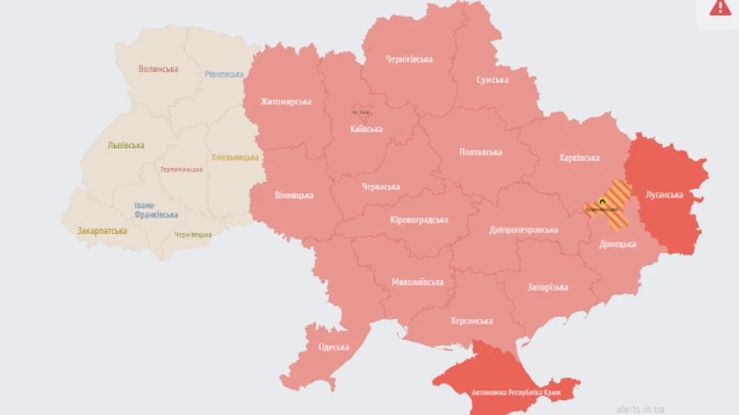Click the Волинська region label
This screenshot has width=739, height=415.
point(158,69)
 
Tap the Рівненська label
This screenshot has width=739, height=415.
point(224,74)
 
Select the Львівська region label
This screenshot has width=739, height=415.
point(126,145)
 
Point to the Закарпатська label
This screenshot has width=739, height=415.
point(103,231)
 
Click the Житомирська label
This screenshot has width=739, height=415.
point(286,102)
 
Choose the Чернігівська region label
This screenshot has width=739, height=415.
point(409,59)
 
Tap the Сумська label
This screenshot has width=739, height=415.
point(492,80)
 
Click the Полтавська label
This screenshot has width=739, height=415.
point(480,152)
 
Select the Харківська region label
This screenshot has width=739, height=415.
point(579,158)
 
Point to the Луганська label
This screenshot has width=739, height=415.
point(665,195)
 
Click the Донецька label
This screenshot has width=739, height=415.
point(617,244)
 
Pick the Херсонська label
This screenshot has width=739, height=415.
point(471,321)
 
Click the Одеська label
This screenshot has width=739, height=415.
point(333,347)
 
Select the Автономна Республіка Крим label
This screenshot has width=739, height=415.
point(505,392)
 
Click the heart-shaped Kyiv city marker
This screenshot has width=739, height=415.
point(360,111)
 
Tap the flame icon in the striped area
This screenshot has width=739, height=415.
point(602,201)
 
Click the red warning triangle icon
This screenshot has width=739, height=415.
point(720,7)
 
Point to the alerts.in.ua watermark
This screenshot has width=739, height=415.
point(640,408)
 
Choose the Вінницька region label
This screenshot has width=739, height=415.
point(294,196)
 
